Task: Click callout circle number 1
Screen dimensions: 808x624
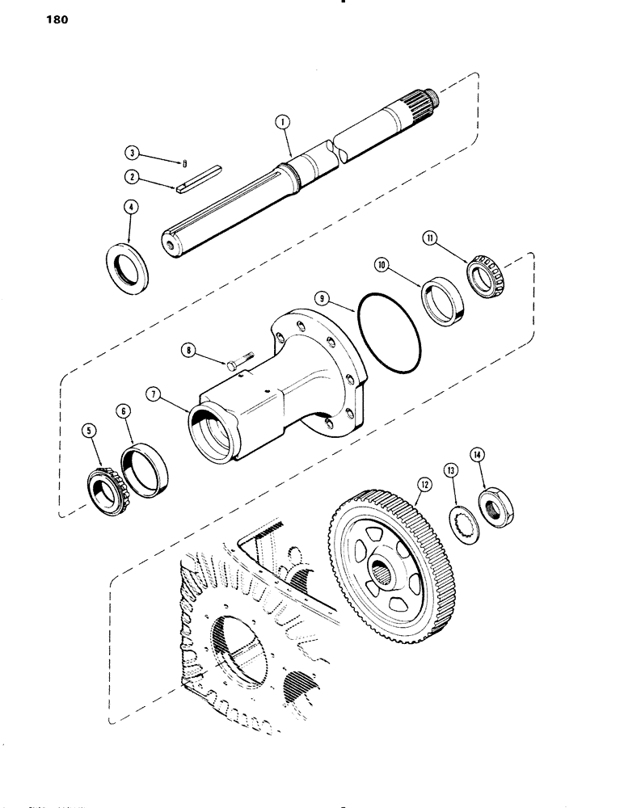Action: (x=280, y=124)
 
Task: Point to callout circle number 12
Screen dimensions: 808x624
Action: (x=422, y=486)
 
